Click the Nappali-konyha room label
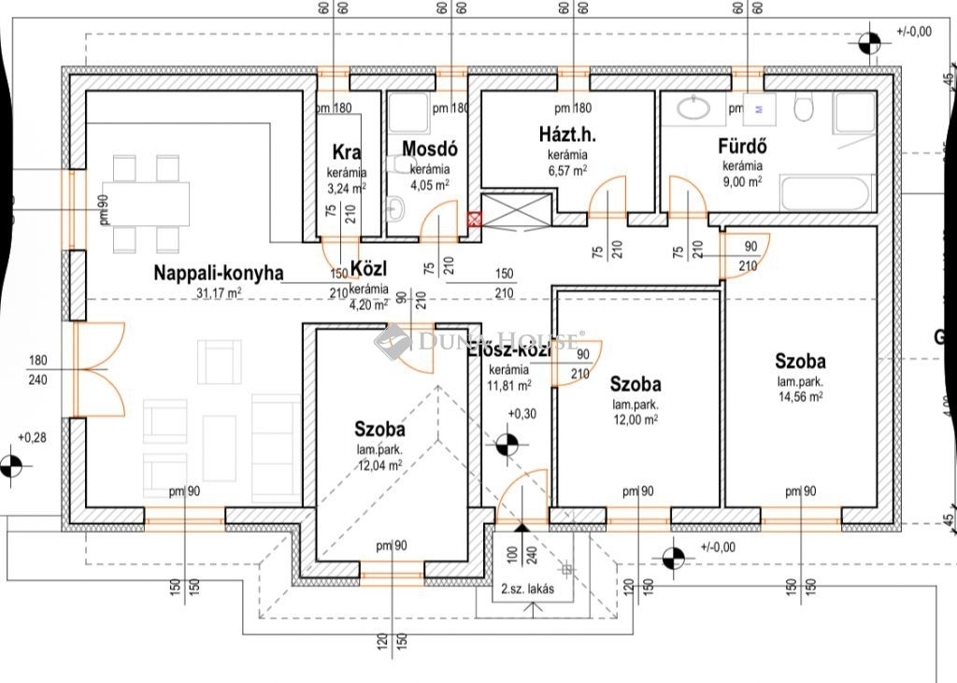219,274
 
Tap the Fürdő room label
743,146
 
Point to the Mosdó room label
429,149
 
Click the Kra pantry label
347,153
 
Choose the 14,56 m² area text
800,396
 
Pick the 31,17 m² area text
220,292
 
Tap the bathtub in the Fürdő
825,193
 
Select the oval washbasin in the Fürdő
693,109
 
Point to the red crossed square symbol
474,220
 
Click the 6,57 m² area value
567,170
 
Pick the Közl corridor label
367,270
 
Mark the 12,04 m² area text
379,464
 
